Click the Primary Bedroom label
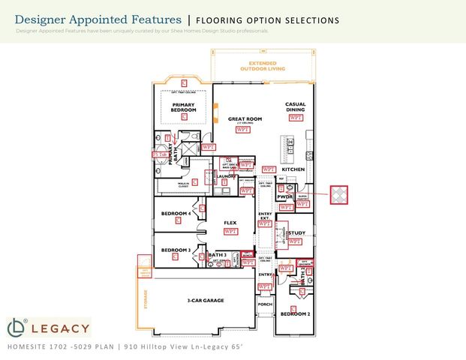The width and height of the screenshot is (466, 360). tap(183, 106)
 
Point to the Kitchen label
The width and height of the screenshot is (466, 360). tap(293, 169)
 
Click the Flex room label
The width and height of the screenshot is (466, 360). tap(231, 223)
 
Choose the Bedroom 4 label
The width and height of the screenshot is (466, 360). tap(176, 213)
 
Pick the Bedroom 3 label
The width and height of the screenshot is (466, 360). tap(174, 249)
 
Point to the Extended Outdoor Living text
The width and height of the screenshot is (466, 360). tap(258, 66)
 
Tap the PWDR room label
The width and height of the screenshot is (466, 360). tap(284, 196)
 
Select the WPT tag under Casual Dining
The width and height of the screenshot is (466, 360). tap(296, 118)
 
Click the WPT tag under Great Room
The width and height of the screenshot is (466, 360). tap(243, 129)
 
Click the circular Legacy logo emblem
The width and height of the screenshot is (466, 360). tap(17, 327)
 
